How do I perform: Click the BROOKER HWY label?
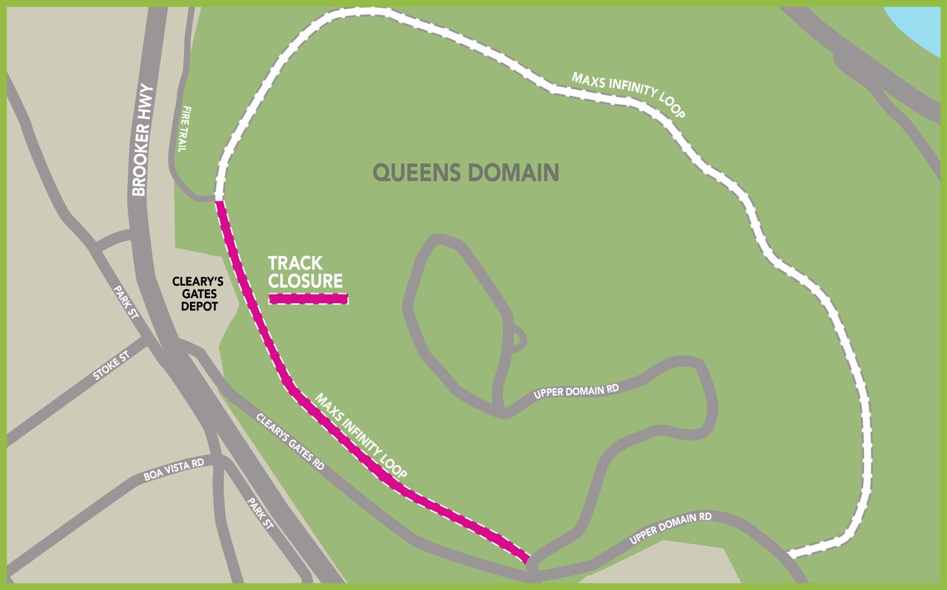tap(142, 141)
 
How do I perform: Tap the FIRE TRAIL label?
tap(185, 129)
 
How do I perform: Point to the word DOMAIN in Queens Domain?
tap(513, 173)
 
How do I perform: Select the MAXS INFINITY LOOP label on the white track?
tap(628, 94)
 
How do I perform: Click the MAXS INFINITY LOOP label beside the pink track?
tap(360, 436)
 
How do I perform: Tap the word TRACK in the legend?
tap(295, 263)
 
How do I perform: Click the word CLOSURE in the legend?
tap(305, 281)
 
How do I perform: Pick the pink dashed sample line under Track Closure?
tap(308, 299)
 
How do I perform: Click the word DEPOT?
tap(199, 306)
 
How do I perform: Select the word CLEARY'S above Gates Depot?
tap(198, 281)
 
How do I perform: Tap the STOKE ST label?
tap(111, 366)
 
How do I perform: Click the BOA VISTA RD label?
tap(173, 469)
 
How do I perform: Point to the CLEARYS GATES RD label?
tap(290, 442)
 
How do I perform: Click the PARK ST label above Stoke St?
tap(126, 302)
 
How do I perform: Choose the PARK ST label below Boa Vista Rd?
tap(260, 513)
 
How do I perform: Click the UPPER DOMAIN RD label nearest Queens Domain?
tap(576, 392)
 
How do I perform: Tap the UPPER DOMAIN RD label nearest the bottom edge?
tap(670, 528)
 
